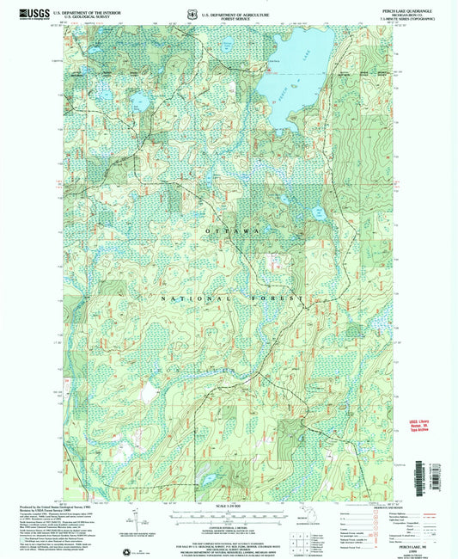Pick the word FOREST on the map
(280, 298)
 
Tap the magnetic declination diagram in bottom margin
(135, 519)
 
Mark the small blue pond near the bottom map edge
(207, 472)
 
